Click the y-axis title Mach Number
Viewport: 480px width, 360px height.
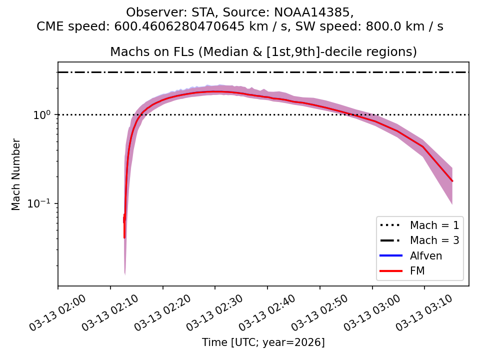click(16, 174)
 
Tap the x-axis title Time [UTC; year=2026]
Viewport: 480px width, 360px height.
click(263, 342)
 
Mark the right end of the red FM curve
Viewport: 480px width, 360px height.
click(452, 181)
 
